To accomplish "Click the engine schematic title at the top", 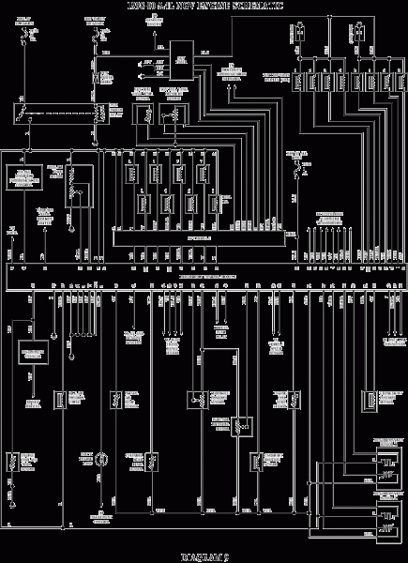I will (x=203, y=7).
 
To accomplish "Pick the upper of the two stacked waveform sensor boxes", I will (x=385, y=463).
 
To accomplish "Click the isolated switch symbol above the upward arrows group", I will (x=301, y=169).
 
